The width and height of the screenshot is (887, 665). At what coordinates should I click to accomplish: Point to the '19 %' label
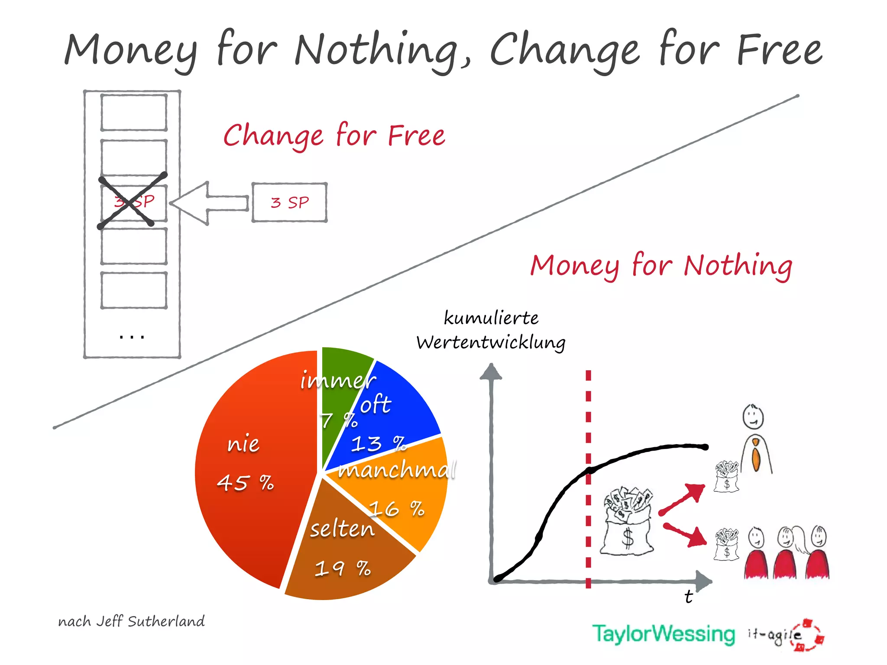(343, 568)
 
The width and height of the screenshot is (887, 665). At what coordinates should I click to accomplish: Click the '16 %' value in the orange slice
(397, 508)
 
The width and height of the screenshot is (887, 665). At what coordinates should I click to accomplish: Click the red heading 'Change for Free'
(334, 136)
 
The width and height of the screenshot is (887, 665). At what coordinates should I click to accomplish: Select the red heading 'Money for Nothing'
(661, 265)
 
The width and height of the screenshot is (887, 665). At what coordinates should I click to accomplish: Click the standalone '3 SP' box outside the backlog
(289, 203)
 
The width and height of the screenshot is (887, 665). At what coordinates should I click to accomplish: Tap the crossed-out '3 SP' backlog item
(134, 202)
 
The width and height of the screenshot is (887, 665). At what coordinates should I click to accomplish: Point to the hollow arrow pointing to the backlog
(208, 203)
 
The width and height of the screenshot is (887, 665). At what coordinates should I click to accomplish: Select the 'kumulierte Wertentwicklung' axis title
(491, 330)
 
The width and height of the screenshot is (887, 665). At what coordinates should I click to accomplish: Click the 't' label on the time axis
(688, 597)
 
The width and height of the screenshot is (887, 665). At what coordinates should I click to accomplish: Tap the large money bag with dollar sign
(628, 524)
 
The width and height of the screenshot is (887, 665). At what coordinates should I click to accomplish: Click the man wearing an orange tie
(755, 442)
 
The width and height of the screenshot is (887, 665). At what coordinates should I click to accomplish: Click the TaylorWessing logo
(664, 634)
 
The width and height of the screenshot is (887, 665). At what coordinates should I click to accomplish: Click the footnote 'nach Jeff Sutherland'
(131, 622)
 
